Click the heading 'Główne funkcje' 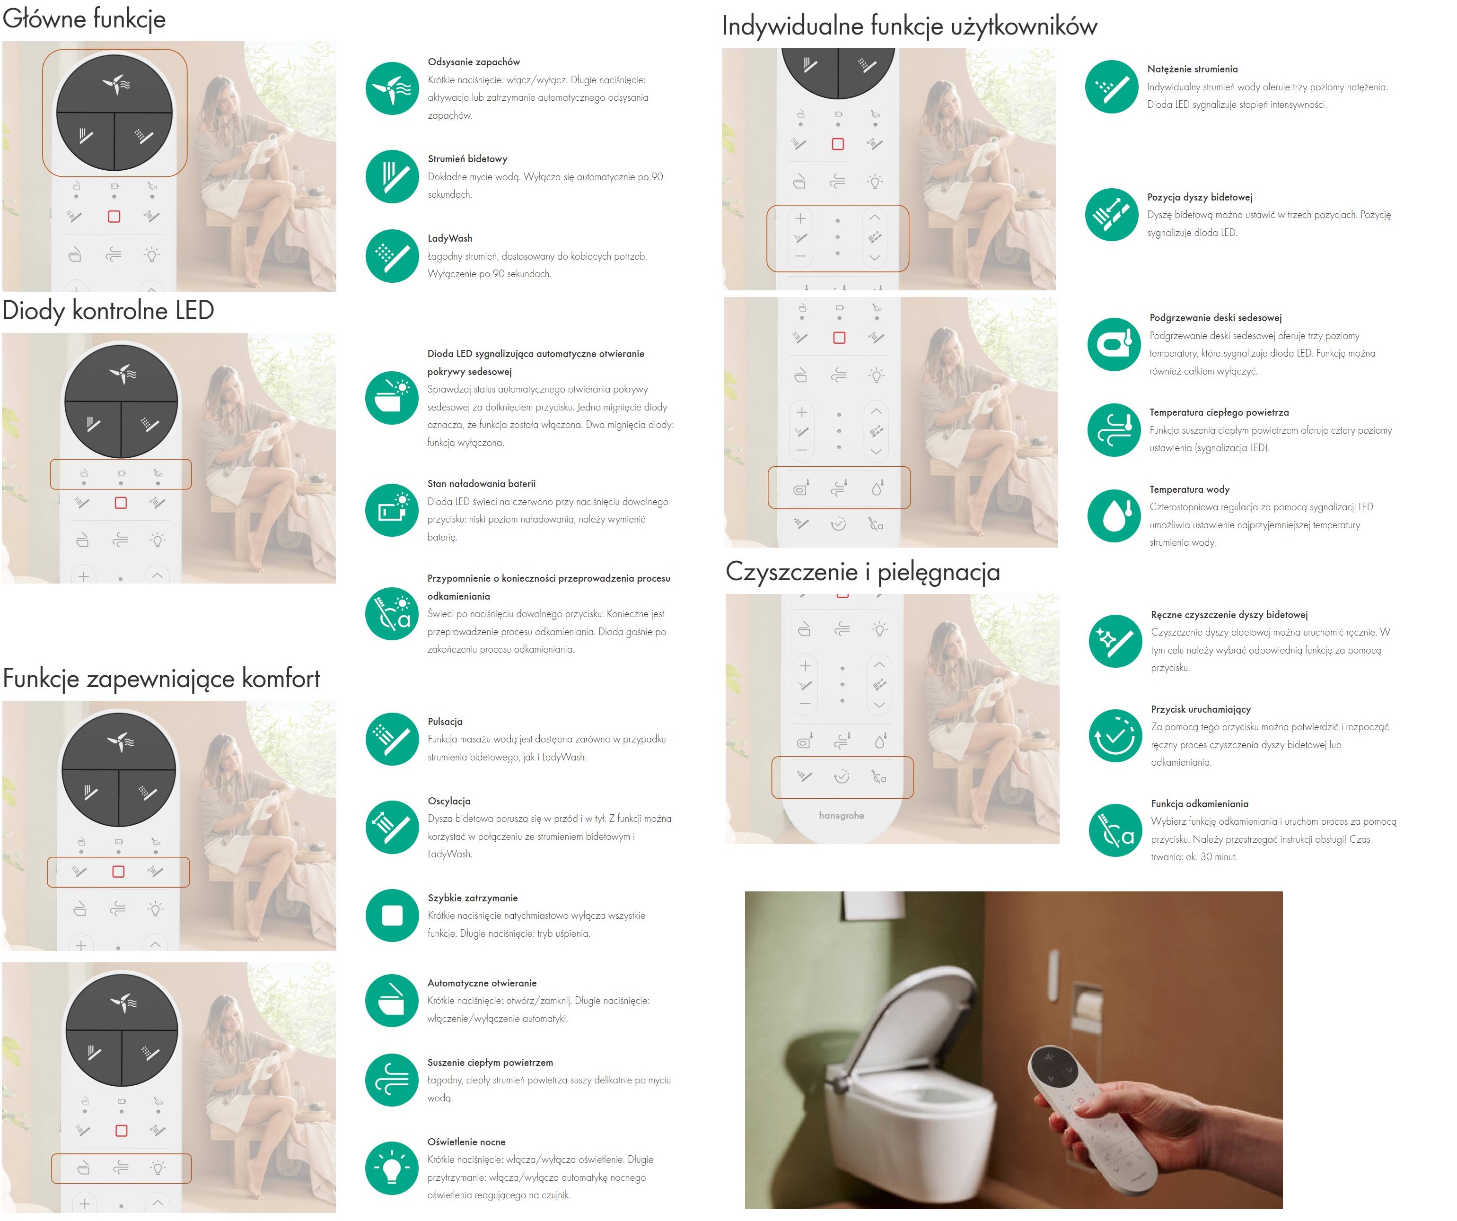tap(84, 19)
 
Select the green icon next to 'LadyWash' tap(392, 256)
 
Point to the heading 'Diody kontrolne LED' tap(108, 310)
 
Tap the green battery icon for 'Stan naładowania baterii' tap(392, 510)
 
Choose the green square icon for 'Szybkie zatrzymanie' tap(392, 916)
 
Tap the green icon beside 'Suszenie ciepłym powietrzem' tap(392, 1080)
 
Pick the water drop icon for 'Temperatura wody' tap(1114, 516)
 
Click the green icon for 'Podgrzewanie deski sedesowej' tap(1114, 344)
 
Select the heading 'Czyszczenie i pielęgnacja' tap(862, 572)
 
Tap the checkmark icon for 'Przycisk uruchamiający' tap(1115, 735)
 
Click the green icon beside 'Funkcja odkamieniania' tap(1115, 830)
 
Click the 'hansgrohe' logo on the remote tap(841, 816)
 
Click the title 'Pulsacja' tap(445, 722)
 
